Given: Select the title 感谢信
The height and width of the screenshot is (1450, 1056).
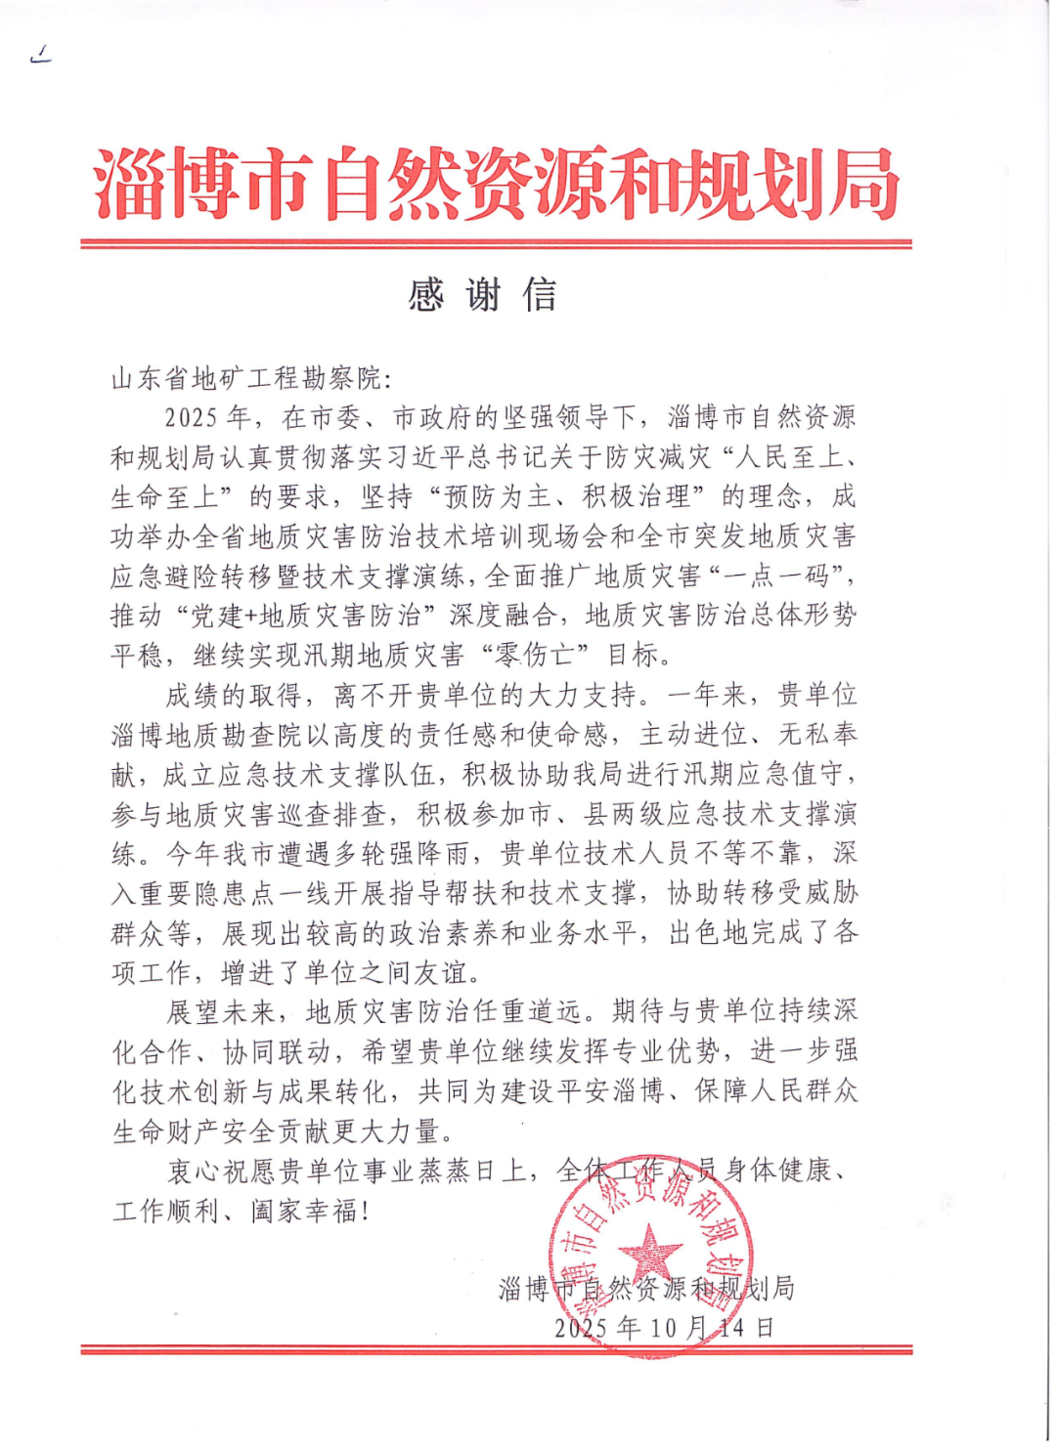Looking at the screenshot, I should click(x=482, y=294).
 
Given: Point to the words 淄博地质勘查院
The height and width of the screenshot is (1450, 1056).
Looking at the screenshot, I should click(x=207, y=735).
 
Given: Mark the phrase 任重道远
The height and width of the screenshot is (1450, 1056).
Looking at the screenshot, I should click(x=527, y=1012).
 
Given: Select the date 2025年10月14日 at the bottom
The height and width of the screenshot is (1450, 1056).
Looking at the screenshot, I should click(x=664, y=1328).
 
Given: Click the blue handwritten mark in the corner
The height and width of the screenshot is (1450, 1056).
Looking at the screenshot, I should click(x=41, y=56).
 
